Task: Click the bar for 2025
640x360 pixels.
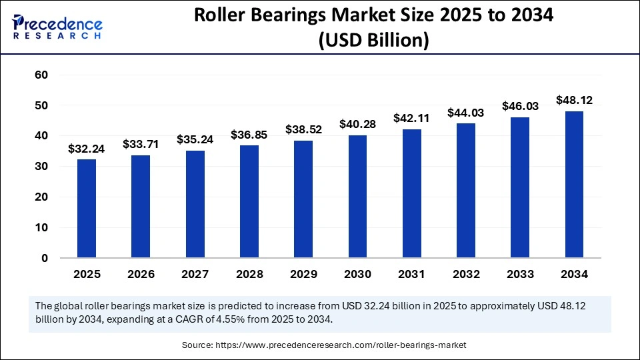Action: (87, 208)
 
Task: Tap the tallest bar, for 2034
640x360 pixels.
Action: (574, 184)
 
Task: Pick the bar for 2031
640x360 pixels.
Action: (411, 193)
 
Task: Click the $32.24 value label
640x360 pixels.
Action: (87, 149)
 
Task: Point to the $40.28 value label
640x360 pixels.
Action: (357, 125)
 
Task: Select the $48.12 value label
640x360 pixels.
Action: (574, 101)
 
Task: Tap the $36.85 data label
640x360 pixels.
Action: (249, 135)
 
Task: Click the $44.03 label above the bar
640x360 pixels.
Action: (466, 113)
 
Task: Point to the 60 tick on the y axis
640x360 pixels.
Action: (41, 75)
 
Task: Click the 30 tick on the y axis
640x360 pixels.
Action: (41, 166)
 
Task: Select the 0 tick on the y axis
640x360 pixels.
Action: (45, 258)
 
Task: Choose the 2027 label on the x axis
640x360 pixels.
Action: (195, 274)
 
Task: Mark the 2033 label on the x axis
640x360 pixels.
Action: (520, 274)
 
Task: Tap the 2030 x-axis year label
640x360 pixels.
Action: (357, 274)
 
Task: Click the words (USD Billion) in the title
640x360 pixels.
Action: (373, 40)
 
